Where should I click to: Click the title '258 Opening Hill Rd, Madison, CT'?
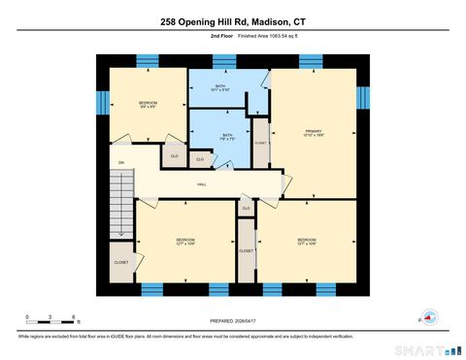(233, 20)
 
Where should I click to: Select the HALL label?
(202, 183)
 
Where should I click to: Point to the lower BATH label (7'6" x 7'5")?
(225, 137)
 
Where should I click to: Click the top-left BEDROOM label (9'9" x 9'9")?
(148, 105)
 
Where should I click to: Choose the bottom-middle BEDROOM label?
(184, 241)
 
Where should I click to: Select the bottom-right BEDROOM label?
(306, 241)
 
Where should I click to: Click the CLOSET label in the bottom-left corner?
(121, 262)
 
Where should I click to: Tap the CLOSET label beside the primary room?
(260, 143)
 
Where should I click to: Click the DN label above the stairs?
(121, 162)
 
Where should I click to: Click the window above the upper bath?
(224, 62)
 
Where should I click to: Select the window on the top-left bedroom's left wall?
(100, 102)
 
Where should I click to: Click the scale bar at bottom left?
(52, 319)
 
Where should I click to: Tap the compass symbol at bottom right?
(428, 316)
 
